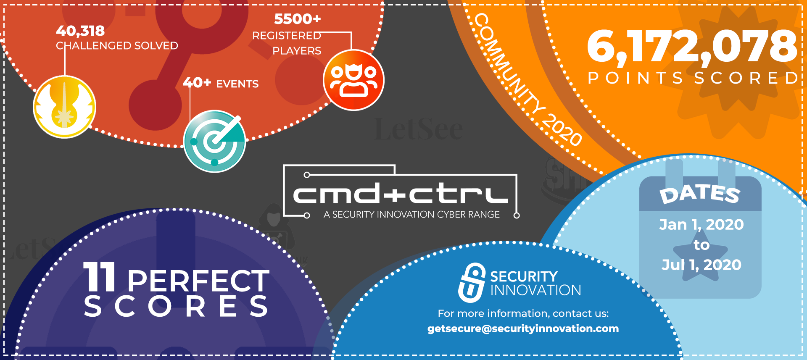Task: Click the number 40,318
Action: click(80, 31)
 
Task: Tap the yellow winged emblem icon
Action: click(65, 107)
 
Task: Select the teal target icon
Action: click(215, 141)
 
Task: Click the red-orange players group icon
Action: click(353, 80)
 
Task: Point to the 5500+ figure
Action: click(298, 19)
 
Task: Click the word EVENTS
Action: click(237, 84)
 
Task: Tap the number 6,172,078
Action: click(692, 46)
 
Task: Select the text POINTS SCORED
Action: click(693, 78)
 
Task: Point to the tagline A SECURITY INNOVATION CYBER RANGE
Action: click(411, 215)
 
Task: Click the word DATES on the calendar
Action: click(700, 194)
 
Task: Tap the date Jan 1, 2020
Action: click(702, 225)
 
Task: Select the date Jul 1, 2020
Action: click(702, 265)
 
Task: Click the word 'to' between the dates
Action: click(702, 245)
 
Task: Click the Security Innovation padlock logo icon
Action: click(472, 283)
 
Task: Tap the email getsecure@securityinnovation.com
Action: click(523, 328)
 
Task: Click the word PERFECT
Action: click(198, 281)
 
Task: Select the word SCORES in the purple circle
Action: click(176, 306)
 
